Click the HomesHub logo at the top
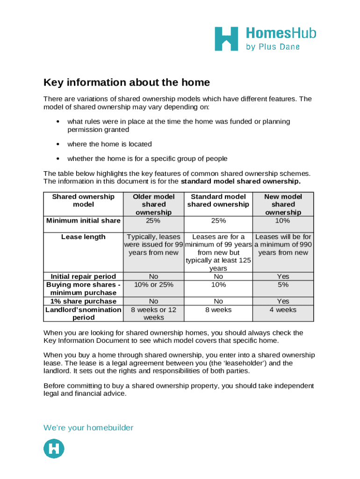point(265,38)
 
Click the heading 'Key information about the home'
point(127,83)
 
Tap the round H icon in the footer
point(54,448)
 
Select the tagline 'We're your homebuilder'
point(88,428)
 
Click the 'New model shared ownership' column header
point(283,204)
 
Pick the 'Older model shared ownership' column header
point(153,204)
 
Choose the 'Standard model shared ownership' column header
point(218,201)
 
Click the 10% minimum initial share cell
point(283,221)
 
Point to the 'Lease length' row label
point(83,237)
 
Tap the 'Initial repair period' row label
point(83,276)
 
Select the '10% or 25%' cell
point(153,285)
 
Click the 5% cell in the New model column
point(283,285)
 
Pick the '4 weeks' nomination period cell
point(283,310)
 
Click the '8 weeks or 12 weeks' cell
point(153,313)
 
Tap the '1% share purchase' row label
point(83,301)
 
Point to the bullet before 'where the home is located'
point(57,144)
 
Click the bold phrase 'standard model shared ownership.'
point(241,181)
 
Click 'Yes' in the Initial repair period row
point(283,276)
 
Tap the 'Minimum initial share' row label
point(83,221)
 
